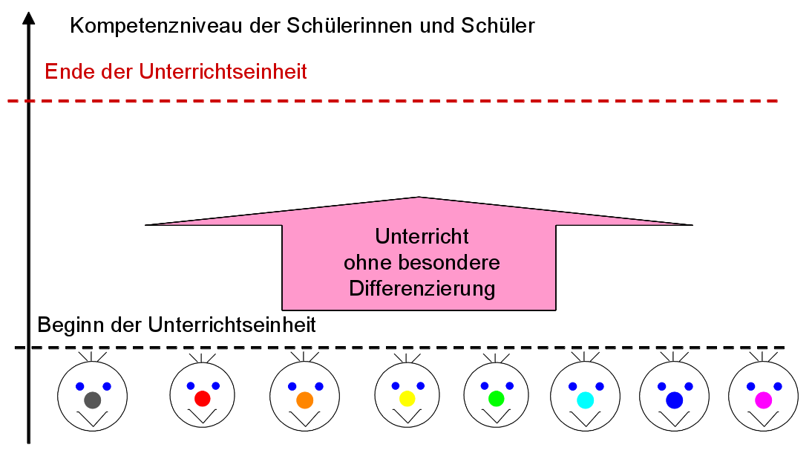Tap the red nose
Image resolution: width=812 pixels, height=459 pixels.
203,399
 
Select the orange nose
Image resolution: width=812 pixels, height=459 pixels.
304,400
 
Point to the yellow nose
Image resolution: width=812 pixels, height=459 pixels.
407,399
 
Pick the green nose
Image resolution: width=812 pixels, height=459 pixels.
497,398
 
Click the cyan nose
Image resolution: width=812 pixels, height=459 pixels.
585,400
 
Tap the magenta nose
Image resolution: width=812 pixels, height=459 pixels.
763,400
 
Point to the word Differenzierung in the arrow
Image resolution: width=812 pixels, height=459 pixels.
422,289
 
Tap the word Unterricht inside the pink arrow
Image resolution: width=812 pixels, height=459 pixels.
422,237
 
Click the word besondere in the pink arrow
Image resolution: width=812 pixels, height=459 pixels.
452,263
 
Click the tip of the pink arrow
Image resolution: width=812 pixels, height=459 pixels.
419,198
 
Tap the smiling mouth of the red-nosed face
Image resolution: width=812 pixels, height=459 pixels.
202,417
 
